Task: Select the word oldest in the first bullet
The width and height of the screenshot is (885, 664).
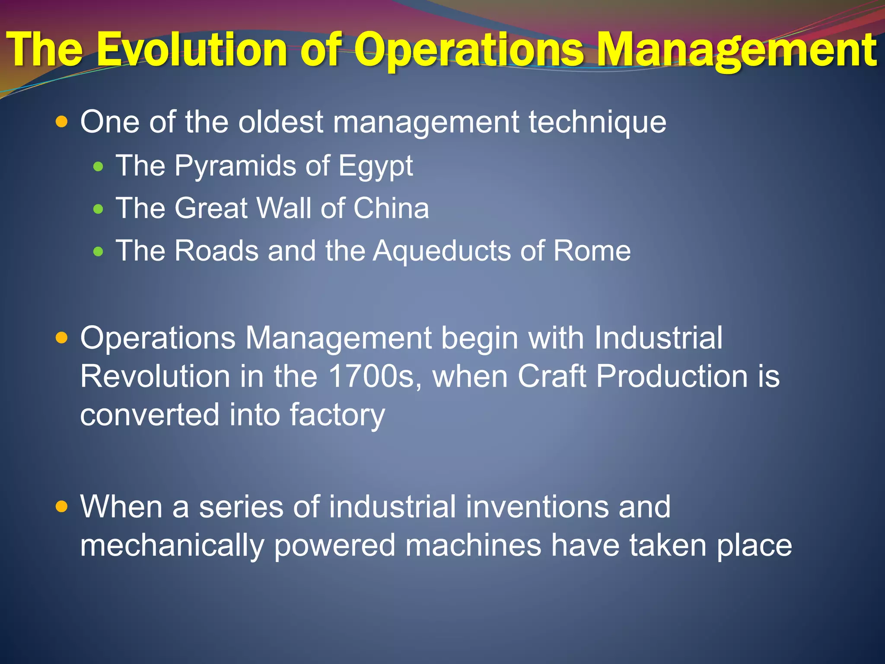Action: [x=280, y=122]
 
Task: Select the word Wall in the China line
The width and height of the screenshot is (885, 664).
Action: [x=284, y=208]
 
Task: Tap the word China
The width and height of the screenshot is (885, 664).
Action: [x=391, y=208]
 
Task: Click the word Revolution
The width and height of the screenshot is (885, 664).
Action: [x=155, y=376]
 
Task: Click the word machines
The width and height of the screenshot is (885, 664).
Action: [x=473, y=546]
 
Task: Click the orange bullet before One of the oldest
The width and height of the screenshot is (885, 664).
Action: [x=62, y=122]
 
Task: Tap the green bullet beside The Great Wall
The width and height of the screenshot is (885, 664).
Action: [x=99, y=210]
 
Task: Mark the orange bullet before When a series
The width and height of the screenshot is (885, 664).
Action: [x=62, y=506]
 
